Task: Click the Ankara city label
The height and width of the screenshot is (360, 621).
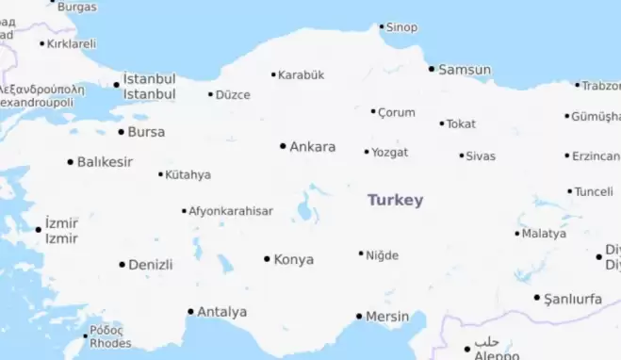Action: (x=312, y=147)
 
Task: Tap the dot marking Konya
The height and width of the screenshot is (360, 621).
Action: (x=267, y=259)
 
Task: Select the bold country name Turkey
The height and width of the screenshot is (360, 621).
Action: (x=395, y=200)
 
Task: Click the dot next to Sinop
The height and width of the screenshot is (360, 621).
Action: (x=382, y=26)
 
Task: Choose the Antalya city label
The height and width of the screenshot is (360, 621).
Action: (x=222, y=312)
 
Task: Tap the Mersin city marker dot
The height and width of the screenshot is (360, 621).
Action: (x=359, y=317)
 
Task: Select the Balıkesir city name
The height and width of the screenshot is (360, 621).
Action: (x=105, y=162)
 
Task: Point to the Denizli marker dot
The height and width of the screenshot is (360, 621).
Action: (x=122, y=265)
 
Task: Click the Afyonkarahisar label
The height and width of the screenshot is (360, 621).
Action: (x=231, y=211)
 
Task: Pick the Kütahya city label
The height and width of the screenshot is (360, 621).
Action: (x=188, y=174)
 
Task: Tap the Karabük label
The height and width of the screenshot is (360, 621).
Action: (x=302, y=74)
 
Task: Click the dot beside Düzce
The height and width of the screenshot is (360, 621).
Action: (x=210, y=94)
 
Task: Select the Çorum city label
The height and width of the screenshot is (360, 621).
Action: (x=396, y=112)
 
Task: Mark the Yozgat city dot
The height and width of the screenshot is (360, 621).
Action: (x=367, y=152)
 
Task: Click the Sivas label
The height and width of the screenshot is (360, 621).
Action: (x=481, y=155)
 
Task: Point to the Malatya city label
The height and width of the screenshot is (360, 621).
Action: (x=544, y=233)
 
